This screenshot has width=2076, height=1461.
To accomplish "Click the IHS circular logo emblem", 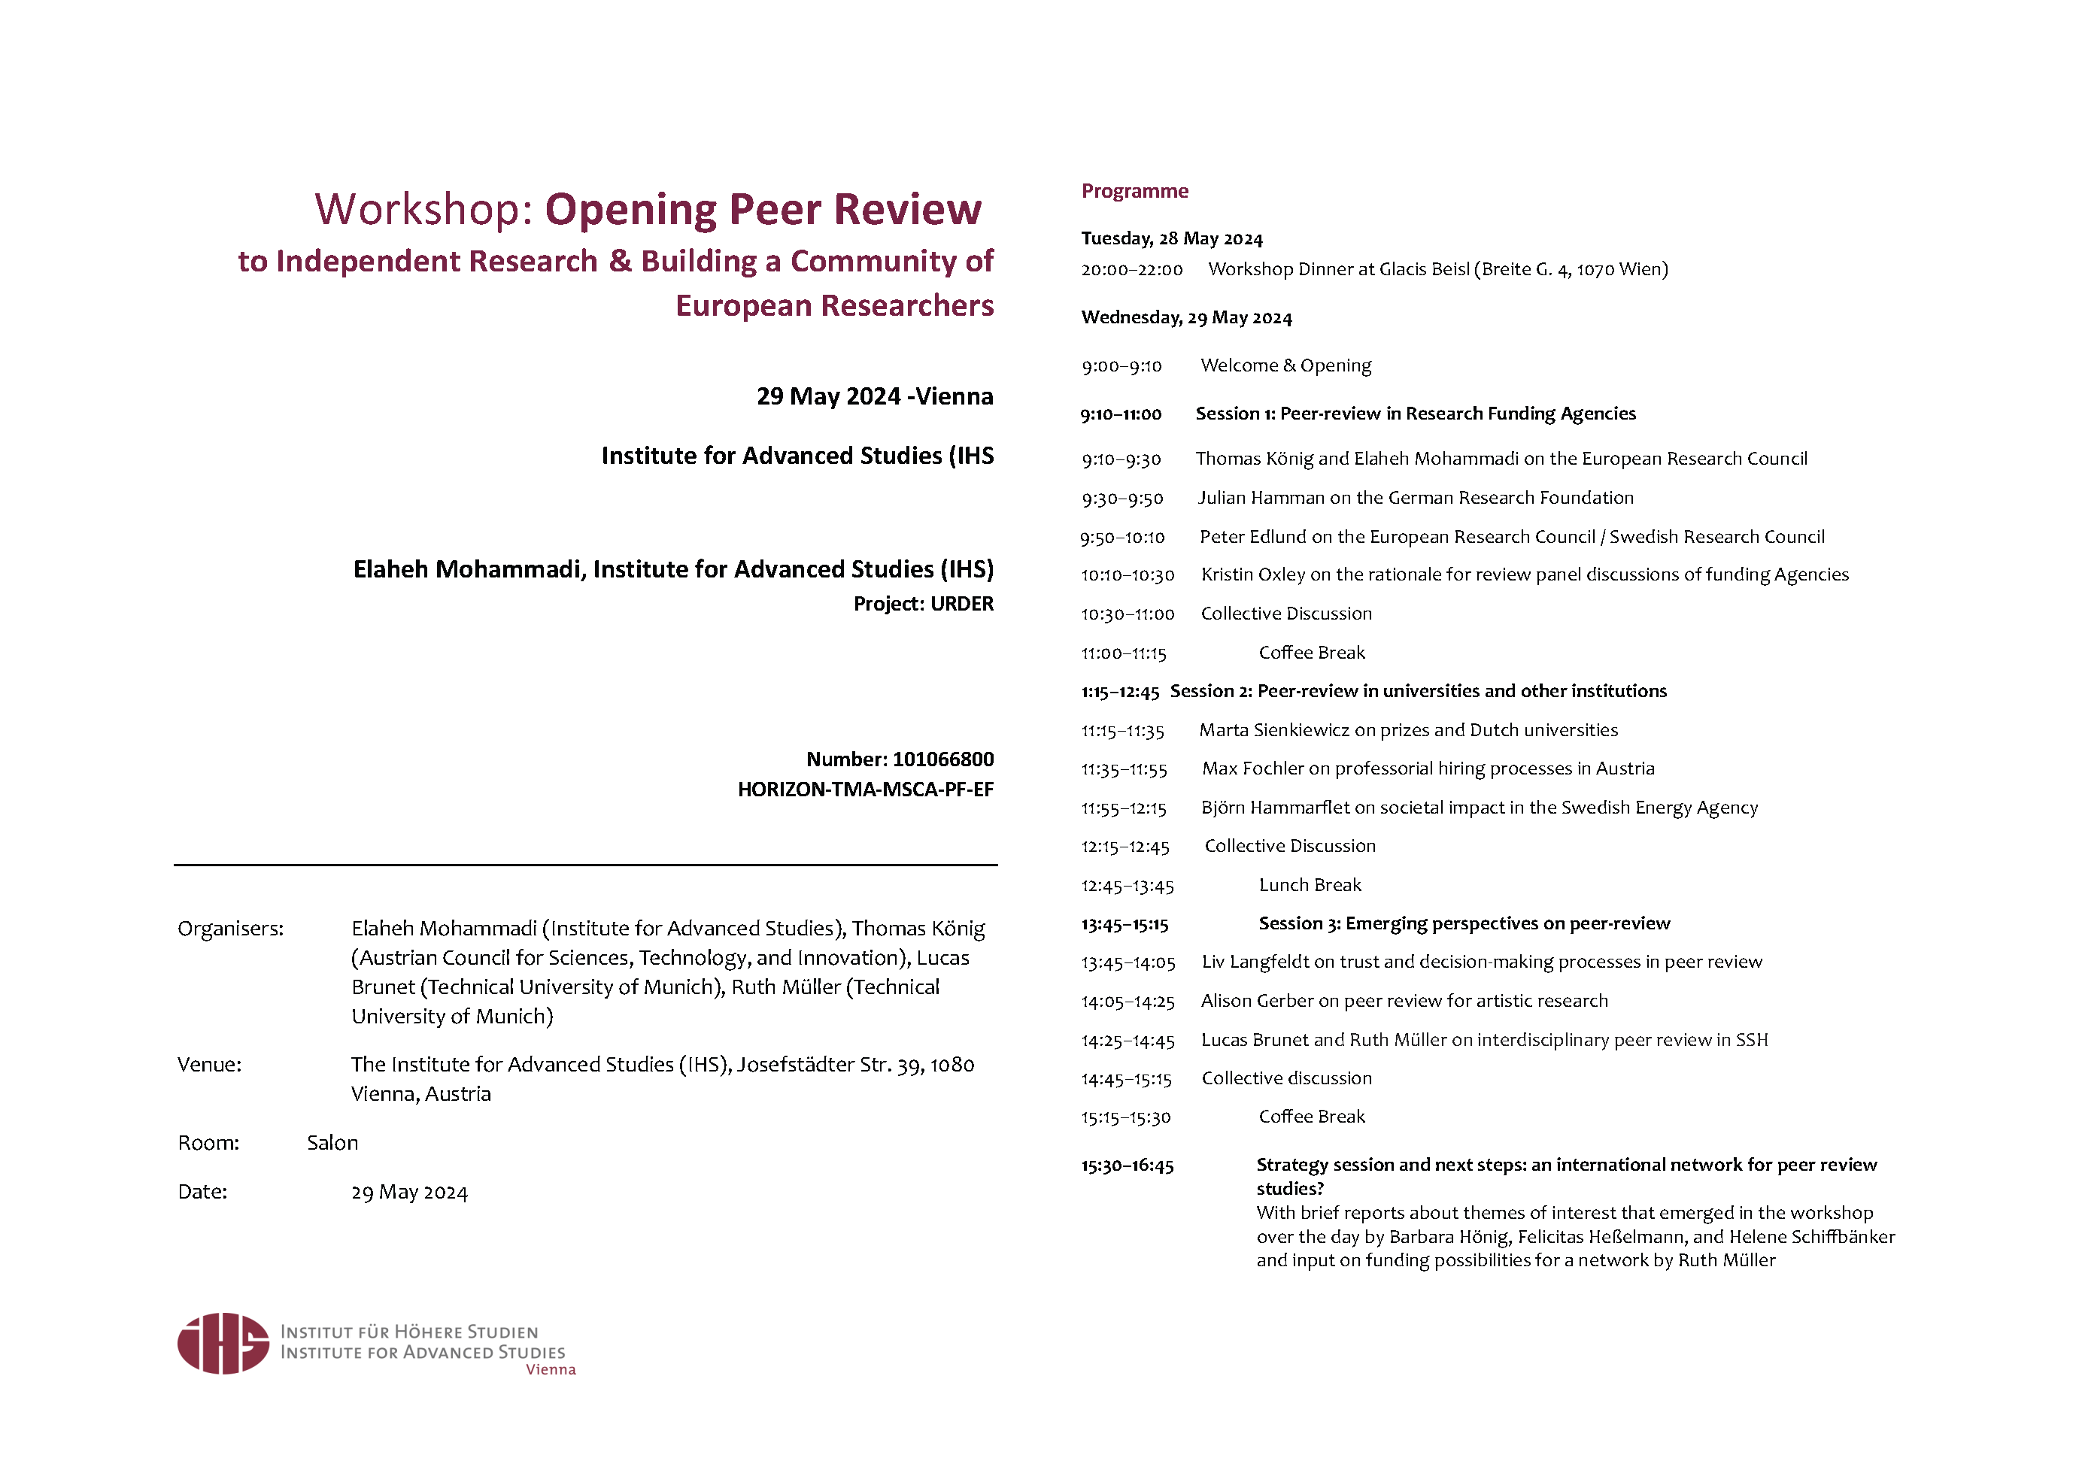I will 223,1344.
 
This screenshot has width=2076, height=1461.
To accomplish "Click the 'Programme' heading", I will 1135,191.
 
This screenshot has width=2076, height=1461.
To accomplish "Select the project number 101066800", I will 942,759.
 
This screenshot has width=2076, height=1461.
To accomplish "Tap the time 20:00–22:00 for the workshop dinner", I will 1131,269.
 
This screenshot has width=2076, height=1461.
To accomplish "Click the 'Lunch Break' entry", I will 1310,885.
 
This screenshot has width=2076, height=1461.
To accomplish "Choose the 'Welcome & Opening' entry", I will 1285,365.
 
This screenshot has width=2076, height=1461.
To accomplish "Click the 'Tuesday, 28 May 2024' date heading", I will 1171,238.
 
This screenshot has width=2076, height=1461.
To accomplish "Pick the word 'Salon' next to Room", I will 332,1143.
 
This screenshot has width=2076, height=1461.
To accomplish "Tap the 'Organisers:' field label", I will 231,929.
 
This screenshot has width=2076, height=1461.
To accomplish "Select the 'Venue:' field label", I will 209,1064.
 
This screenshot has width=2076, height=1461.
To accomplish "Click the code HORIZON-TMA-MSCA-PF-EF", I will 864,790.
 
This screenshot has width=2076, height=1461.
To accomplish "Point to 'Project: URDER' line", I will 922,604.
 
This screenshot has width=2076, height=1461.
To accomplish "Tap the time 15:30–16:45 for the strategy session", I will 1127,1165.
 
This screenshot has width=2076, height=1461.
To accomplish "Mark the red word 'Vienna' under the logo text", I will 551,1370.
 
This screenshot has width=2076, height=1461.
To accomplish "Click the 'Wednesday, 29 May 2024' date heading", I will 1185,318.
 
